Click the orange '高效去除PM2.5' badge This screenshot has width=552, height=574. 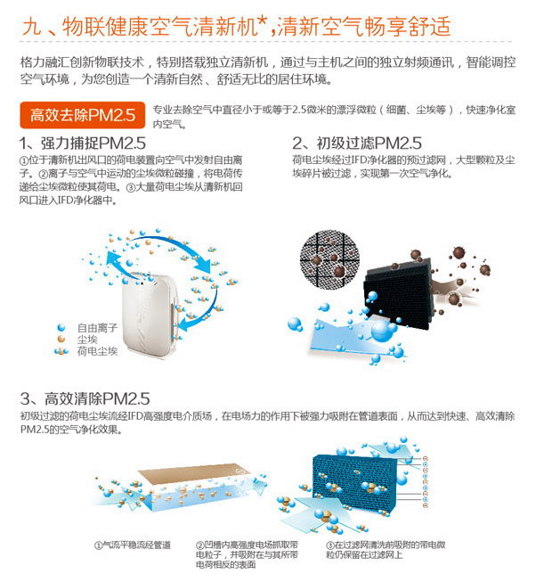pyautogui.click(x=82, y=115)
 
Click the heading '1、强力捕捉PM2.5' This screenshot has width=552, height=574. pyautogui.click(x=83, y=143)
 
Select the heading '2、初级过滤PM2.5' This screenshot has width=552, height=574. pyautogui.click(x=357, y=143)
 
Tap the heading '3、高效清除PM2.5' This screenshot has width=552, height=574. pyautogui.click(x=85, y=398)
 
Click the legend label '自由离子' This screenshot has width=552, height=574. pyautogui.click(x=97, y=328)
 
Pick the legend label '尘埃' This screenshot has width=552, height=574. pyautogui.click(x=87, y=340)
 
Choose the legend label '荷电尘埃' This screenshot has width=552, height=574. pyautogui.click(x=97, y=351)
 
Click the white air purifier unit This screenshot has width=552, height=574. pyautogui.click(x=150, y=317)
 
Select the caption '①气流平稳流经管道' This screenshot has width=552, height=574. pyautogui.click(x=133, y=545)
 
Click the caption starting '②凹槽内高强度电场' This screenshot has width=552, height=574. pyautogui.click(x=248, y=554)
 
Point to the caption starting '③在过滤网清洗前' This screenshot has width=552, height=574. pyautogui.click(x=386, y=550)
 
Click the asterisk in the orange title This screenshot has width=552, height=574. pyautogui.click(x=263, y=22)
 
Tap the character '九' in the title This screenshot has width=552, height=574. pyautogui.click(x=32, y=27)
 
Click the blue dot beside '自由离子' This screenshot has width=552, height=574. pyautogui.click(x=61, y=327)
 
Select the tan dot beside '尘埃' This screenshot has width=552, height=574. pyautogui.click(x=61, y=339)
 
